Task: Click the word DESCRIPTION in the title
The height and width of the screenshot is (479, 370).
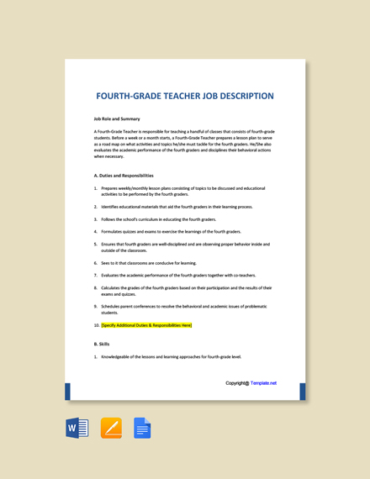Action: point(240,96)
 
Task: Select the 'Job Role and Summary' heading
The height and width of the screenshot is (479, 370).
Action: point(117,118)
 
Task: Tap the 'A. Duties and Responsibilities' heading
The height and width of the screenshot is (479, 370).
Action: point(124,176)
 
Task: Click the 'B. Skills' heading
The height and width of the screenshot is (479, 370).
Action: point(102,344)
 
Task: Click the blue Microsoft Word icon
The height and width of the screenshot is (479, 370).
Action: point(77,428)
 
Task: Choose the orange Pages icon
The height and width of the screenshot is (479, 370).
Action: point(111,428)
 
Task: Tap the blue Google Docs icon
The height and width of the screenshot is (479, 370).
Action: point(142,428)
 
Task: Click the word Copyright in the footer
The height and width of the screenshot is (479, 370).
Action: point(236,383)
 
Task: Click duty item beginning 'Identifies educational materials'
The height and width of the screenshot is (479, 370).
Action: point(177,207)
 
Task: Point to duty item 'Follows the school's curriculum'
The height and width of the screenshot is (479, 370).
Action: point(159,218)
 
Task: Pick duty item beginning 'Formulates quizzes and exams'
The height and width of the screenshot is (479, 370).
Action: point(171,231)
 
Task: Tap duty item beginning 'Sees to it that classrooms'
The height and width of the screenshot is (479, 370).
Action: point(148,262)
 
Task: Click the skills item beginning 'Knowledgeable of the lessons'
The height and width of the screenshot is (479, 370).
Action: point(171,356)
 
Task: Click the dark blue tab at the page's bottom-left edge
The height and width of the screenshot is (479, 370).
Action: point(67,392)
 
